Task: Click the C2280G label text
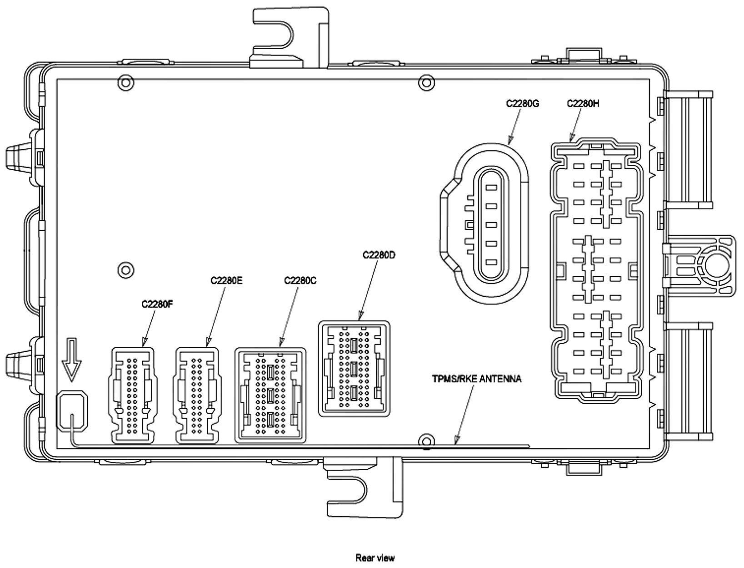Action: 522,104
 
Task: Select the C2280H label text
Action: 583,104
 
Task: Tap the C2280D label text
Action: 379,255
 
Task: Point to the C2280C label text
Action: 300,280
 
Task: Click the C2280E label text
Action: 226,280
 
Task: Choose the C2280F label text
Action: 157,304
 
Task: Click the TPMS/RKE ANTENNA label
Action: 477,379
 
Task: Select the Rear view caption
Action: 375,558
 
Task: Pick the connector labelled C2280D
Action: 354,369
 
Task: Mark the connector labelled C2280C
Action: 270,395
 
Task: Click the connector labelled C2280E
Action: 197,395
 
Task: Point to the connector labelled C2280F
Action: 132,395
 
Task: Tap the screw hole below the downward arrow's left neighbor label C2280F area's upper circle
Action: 125,270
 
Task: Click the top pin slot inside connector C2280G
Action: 491,187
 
